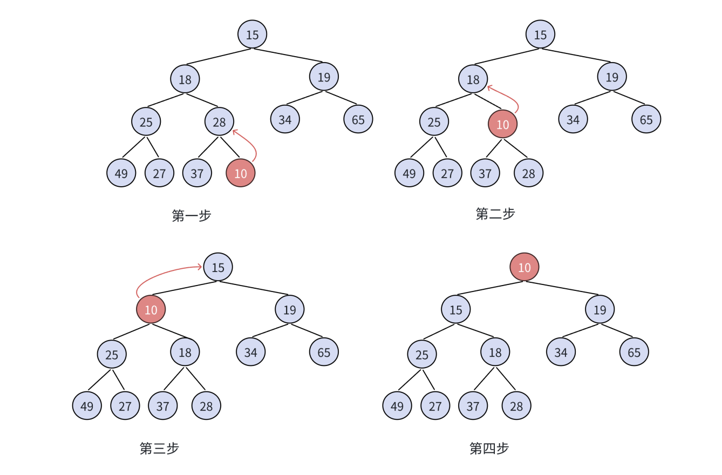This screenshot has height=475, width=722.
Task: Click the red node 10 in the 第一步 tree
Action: tap(240, 173)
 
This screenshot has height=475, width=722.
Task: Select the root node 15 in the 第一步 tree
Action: tap(252, 35)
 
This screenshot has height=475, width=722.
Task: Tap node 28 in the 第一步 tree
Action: tap(219, 121)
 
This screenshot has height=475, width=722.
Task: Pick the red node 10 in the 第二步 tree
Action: tap(502, 124)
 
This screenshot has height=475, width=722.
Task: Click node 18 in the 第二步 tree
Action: tap(473, 79)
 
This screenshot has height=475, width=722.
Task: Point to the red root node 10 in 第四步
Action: tap(524, 267)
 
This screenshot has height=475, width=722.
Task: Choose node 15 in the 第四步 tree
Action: tap(455, 310)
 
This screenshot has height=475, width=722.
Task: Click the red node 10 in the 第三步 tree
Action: tap(151, 310)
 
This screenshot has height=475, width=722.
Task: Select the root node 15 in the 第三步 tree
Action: tap(217, 267)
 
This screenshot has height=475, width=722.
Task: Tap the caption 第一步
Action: tap(192, 215)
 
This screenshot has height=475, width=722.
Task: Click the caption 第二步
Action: tap(495, 214)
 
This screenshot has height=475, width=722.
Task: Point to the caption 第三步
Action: tap(159, 448)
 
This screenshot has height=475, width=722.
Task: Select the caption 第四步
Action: tap(489, 448)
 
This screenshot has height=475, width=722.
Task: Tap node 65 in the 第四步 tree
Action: tap(634, 352)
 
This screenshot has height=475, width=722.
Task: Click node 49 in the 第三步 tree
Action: tap(87, 406)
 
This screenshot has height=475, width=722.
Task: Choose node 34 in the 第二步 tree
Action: tap(573, 119)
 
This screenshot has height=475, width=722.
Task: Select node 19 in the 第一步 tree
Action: tap(324, 77)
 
